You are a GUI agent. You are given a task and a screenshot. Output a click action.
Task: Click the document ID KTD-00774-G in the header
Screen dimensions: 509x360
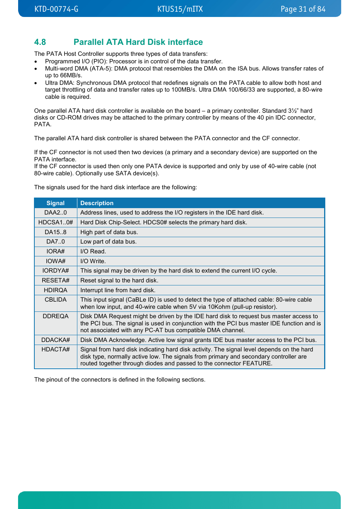pos(56,9)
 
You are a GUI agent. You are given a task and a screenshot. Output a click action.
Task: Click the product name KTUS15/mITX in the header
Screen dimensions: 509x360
pos(180,9)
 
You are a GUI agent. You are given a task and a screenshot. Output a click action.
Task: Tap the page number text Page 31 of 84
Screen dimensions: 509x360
pos(303,9)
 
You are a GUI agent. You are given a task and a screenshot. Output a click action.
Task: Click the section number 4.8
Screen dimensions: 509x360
pos(40,42)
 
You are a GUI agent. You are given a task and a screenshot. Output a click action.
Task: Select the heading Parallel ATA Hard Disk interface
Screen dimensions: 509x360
pos(138,42)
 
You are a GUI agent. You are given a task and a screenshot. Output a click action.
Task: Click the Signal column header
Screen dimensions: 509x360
pos(55,203)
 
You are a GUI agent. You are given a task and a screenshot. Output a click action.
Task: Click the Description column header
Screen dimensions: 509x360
pos(97,203)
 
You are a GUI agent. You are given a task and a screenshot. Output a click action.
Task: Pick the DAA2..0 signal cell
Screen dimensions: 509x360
pos(55,213)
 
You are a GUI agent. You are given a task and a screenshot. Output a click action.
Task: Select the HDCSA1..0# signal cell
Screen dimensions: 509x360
pos(55,222)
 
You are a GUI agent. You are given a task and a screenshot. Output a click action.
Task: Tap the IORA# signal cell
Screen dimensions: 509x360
pos(55,251)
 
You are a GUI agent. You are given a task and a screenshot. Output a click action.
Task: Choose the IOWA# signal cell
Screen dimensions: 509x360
pos(55,261)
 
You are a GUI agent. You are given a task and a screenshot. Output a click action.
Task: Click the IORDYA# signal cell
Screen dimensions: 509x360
pos(55,271)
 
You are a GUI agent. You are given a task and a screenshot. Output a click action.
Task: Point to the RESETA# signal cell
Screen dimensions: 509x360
pos(55,281)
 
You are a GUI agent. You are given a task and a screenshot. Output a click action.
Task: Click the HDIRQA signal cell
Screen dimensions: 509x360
pos(55,290)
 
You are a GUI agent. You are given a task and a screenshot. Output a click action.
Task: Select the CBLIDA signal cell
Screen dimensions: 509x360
pos(55,300)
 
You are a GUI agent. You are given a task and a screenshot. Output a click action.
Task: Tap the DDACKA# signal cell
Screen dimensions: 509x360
pos(55,340)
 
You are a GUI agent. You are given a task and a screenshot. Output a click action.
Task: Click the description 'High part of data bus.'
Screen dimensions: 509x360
pos(109,232)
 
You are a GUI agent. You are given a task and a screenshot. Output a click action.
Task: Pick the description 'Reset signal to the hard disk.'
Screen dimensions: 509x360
pos(119,281)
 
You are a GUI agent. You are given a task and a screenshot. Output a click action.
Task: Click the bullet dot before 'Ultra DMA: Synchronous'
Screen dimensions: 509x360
pos(36,83)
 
